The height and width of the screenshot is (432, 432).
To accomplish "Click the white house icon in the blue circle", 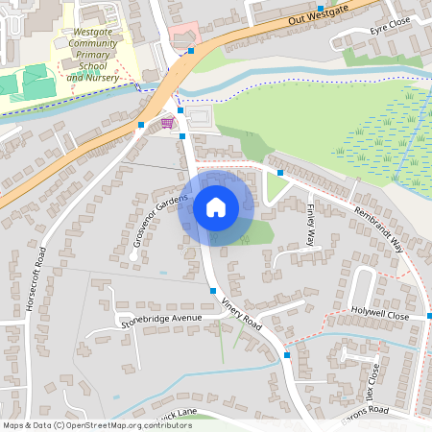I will click(216, 206).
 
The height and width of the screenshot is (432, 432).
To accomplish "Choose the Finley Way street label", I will click(311, 227).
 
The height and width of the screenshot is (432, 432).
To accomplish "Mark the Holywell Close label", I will click(380, 314).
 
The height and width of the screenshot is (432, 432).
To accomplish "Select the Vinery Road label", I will click(241, 313).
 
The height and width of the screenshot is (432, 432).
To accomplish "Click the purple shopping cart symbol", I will click(168, 123).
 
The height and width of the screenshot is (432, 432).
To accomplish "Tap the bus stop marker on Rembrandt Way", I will click(279, 173).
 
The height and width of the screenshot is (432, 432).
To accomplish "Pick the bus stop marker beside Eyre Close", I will click(320, 9).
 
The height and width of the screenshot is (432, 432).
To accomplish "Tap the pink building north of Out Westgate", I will click(181, 36).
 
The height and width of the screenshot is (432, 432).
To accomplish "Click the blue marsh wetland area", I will click(379, 134).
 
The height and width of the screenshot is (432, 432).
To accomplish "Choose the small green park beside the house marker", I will click(257, 233).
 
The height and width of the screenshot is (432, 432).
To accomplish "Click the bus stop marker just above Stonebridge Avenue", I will click(212, 291).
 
